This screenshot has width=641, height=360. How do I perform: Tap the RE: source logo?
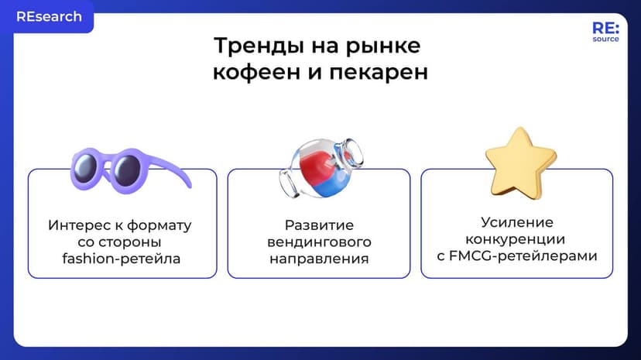point(605,31)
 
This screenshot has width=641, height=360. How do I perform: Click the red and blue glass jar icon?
point(320,163)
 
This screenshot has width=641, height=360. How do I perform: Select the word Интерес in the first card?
point(74,225)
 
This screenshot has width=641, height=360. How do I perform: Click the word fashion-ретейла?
point(122,259)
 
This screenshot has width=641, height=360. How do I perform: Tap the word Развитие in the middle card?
point(319,225)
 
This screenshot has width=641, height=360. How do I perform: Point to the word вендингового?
point(319,242)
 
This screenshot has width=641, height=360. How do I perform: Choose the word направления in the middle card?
point(319,259)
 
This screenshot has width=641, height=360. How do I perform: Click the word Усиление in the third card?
point(516,222)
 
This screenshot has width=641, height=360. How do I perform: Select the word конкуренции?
point(516,238)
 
